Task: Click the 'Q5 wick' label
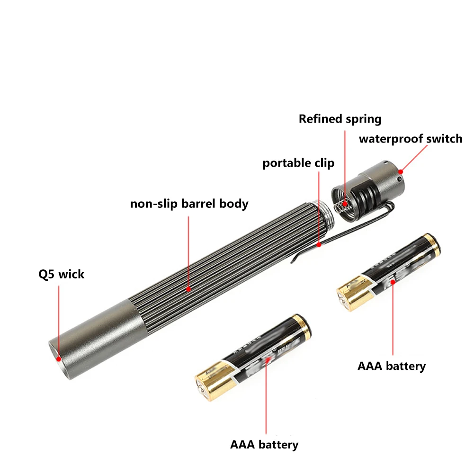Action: (x=61, y=274)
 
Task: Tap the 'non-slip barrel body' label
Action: (x=189, y=204)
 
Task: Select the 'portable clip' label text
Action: (x=298, y=163)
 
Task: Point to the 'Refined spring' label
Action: (x=340, y=119)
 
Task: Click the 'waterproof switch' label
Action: (x=410, y=139)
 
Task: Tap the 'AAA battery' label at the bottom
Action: (x=264, y=445)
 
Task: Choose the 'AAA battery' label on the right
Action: (x=392, y=366)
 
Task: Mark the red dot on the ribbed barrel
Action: (x=188, y=288)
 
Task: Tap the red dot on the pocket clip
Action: (x=320, y=245)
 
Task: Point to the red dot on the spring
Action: (x=345, y=205)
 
